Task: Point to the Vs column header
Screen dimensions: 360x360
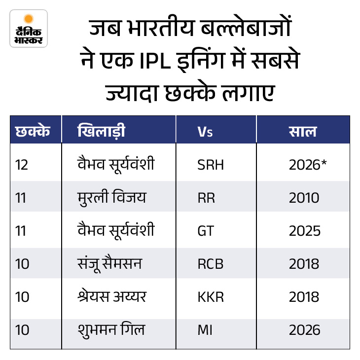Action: click(x=205, y=132)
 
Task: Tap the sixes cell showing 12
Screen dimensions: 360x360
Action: click(x=22, y=165)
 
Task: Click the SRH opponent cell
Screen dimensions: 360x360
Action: click(x=210, y=165)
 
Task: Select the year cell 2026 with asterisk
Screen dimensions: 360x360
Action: click(x=308, y=165)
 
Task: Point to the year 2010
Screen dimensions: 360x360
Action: click(x=304, y=198)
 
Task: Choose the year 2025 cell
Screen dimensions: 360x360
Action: click(x=304, y=231)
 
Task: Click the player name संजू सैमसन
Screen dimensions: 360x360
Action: click(x=110, y=264)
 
